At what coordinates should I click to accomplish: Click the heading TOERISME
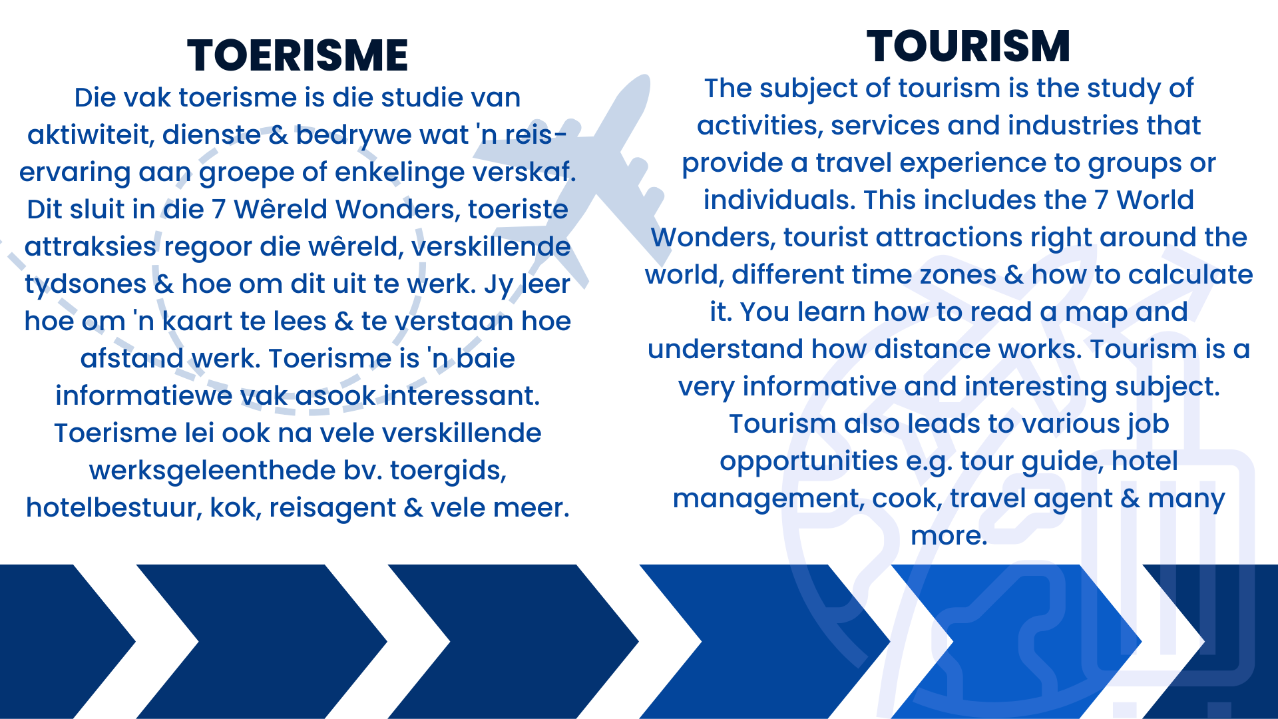(298, 55)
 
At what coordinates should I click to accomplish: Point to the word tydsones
(86, 285)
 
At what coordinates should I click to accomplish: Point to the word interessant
(462, 396)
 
